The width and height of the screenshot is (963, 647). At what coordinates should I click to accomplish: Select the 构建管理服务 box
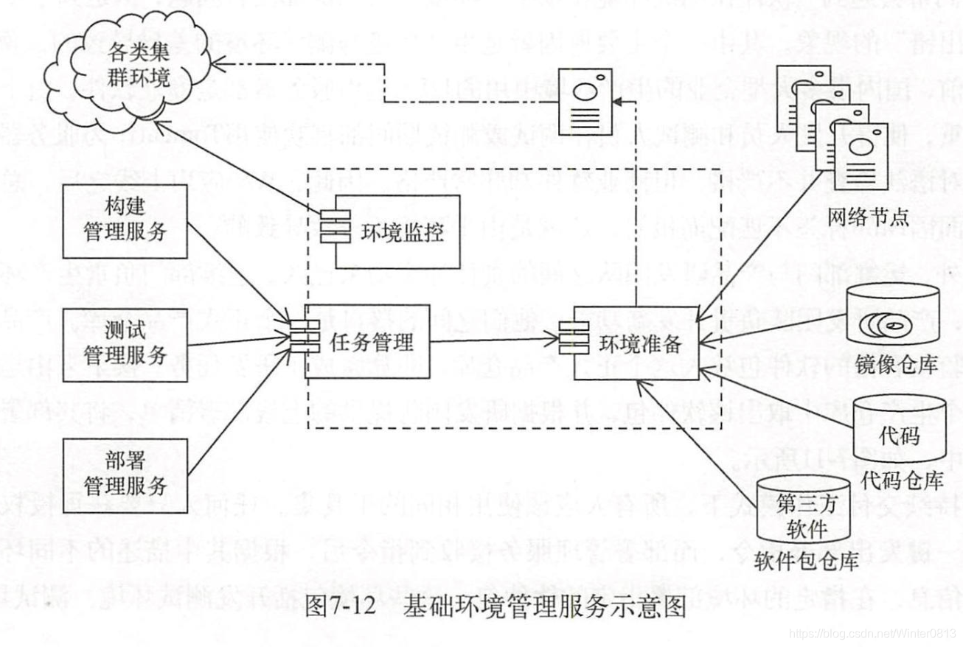[x=125, y=222]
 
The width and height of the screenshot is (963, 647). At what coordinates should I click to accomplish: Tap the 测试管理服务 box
[x=125, y=345]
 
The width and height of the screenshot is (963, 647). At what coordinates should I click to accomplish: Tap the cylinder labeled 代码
[x=899, y=435]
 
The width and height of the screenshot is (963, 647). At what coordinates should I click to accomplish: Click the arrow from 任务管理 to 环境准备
[x=494, y=342]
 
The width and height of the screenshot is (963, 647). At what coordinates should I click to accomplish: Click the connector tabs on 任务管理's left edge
[x=300, y=340]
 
